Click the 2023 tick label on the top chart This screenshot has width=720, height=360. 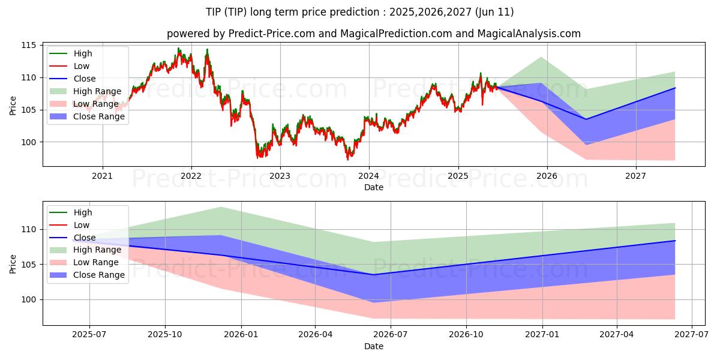pos(280,176)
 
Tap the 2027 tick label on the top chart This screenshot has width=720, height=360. pos(635,176)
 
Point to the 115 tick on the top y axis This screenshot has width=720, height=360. pos(28,46)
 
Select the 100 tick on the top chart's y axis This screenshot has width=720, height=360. pos(28,142)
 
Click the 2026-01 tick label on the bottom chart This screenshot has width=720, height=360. pos(241,335)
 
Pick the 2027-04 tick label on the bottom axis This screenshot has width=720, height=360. pos(617,335)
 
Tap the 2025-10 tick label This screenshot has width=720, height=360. pos(165,335)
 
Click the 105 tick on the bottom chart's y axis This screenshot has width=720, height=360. pos(28,265)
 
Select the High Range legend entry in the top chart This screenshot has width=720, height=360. pos(85,91)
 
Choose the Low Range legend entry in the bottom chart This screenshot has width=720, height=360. pos(84,262)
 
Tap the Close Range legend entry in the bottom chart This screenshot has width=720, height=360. pos(87,275)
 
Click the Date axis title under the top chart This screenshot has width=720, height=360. pos(373,187)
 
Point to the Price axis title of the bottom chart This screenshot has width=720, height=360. pos(13,264)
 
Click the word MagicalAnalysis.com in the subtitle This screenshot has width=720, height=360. pos(529,34)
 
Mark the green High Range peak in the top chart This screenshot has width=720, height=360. pos(541,57)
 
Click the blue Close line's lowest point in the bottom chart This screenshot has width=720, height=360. pos(373,275)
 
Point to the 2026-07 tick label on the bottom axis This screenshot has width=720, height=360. pos(391,335)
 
